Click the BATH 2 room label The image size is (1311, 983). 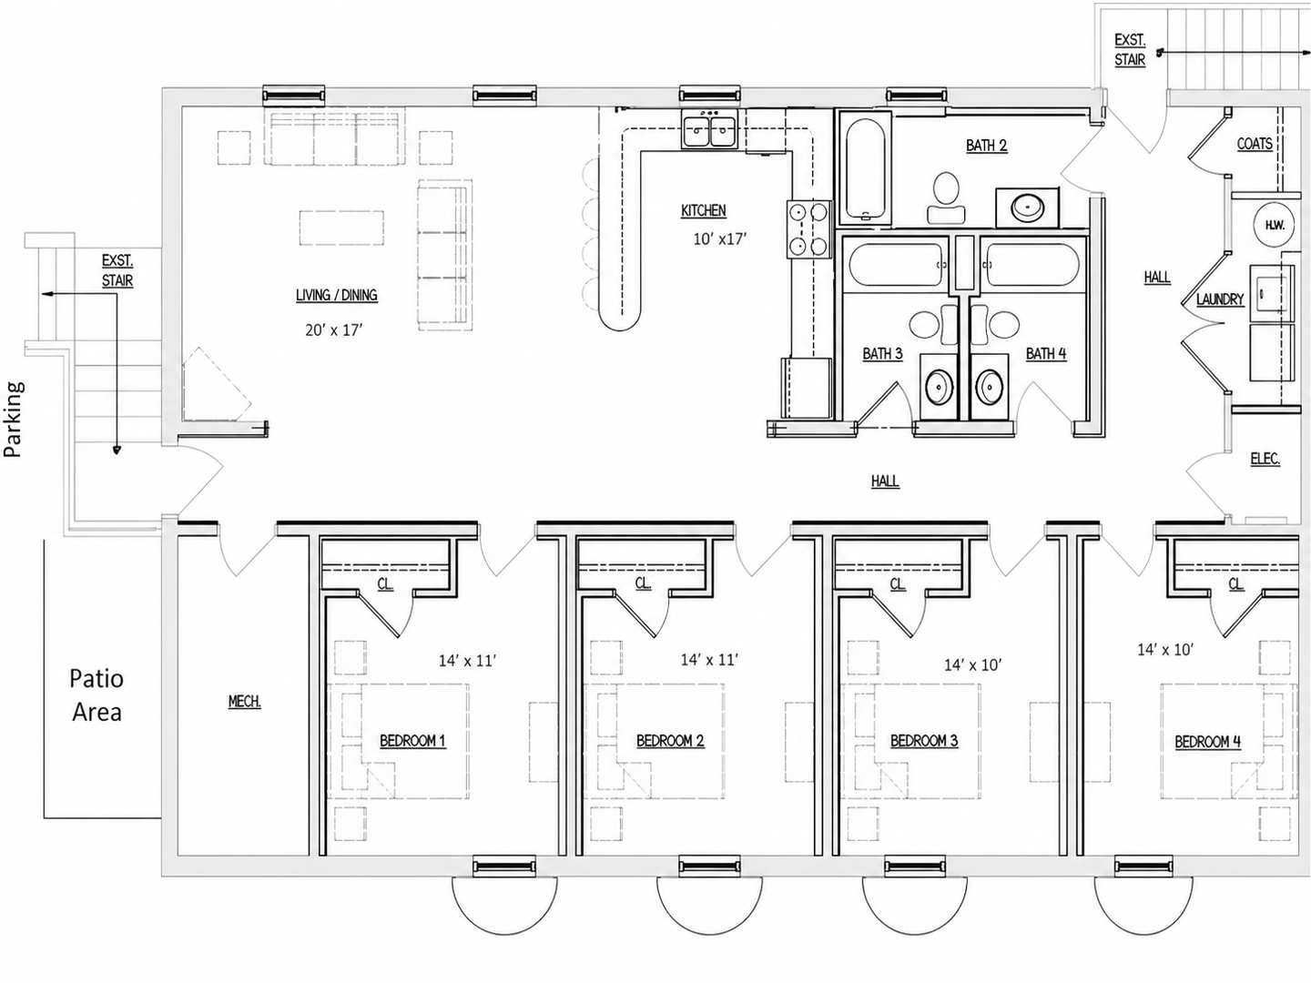tap(987, 145)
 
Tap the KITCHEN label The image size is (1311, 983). tap(704, 210)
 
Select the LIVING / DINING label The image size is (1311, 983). tap(337, 295)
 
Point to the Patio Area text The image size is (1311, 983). tap(97, 694)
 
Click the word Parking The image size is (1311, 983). tap(13, 419)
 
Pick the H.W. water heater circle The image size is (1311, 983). tap(1275, 225)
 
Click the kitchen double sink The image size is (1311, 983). tap(710, 129)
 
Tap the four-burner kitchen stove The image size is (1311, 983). tap(808, 229)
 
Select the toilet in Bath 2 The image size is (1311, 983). tap(946, 198)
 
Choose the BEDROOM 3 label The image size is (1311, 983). tap(924, 741)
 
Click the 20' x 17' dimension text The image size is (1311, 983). tap(334, 329)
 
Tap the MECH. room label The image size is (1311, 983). tap(244, 701)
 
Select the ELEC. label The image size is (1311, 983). tap(1265, 459)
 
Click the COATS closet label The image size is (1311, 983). tap(1255, 144)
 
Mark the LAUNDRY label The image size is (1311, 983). tap(1220, 299)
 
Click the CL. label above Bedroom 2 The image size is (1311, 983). tap(643, 583)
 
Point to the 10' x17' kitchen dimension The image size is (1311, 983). tap(720, 239)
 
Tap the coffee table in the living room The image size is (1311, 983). tap(341, 228)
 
